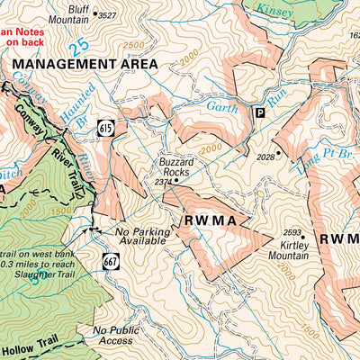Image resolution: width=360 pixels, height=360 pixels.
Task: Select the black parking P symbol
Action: [261, 112]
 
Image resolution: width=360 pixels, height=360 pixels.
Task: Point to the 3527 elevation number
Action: [107, 16]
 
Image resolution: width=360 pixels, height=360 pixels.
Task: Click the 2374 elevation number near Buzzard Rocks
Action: [163, 181]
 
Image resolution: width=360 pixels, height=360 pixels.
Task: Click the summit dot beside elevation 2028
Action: [279, 154]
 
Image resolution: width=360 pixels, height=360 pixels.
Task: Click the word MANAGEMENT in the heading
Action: [58, 65]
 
